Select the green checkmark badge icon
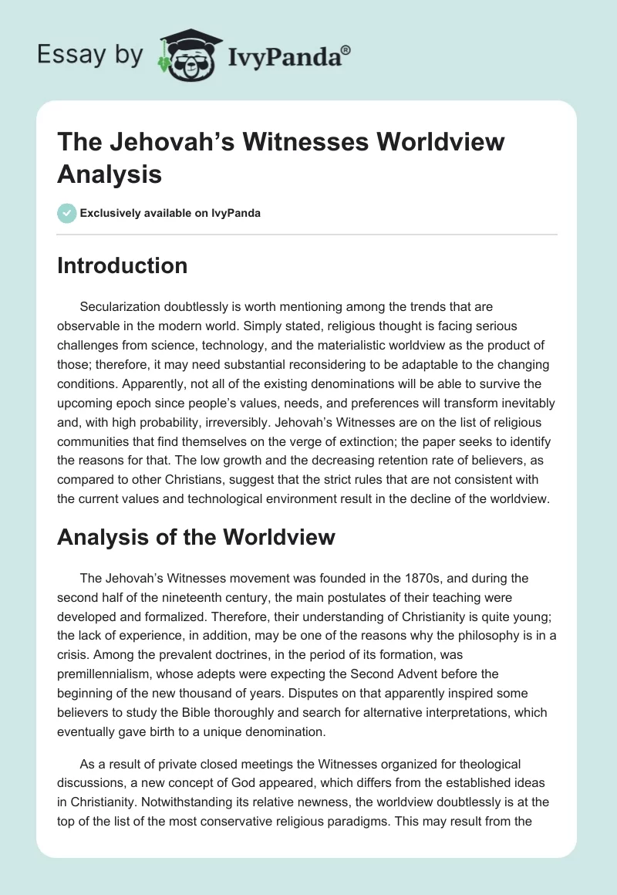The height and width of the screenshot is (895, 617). pyautogui.click(x=67, y=213)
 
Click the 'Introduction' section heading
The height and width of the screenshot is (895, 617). pyautogui.click(x=122, y=265)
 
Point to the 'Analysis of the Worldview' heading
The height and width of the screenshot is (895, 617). pyautogui.click(x=196, y=537)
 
